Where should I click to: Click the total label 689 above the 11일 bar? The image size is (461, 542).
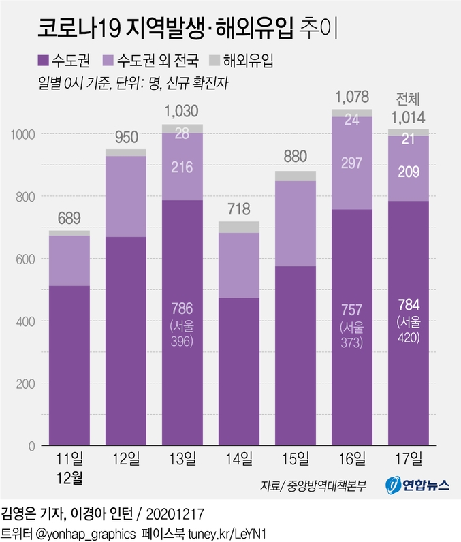coord(69,219)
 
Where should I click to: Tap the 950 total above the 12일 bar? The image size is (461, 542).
coord(126,138)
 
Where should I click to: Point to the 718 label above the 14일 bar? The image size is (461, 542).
coord(240,209)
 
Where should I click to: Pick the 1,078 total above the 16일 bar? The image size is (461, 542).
coord(352,96)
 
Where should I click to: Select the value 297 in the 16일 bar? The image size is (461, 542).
coord(352,163)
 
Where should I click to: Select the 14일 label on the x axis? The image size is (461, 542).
coord(240,457)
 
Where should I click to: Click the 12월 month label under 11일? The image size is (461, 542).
coord(69,477)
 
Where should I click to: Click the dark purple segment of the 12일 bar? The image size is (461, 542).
coord(126,340)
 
